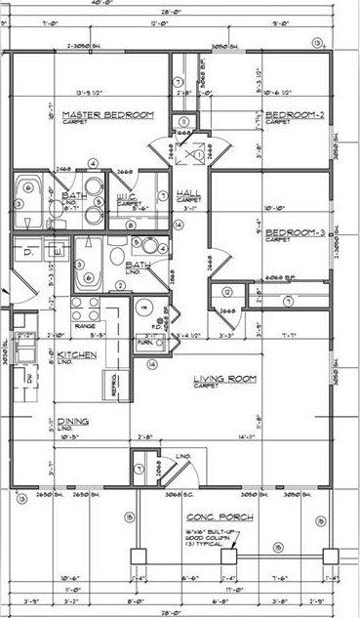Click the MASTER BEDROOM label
pyautogui.click(x=101, y=115)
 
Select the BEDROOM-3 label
pyautogui.click(x=292, y=233)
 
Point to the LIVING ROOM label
pyautogui.click(x=222, y=380)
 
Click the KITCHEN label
pyautogui.click(x=76, y=355)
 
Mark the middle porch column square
pyautogui.click(x=228, y=556)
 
